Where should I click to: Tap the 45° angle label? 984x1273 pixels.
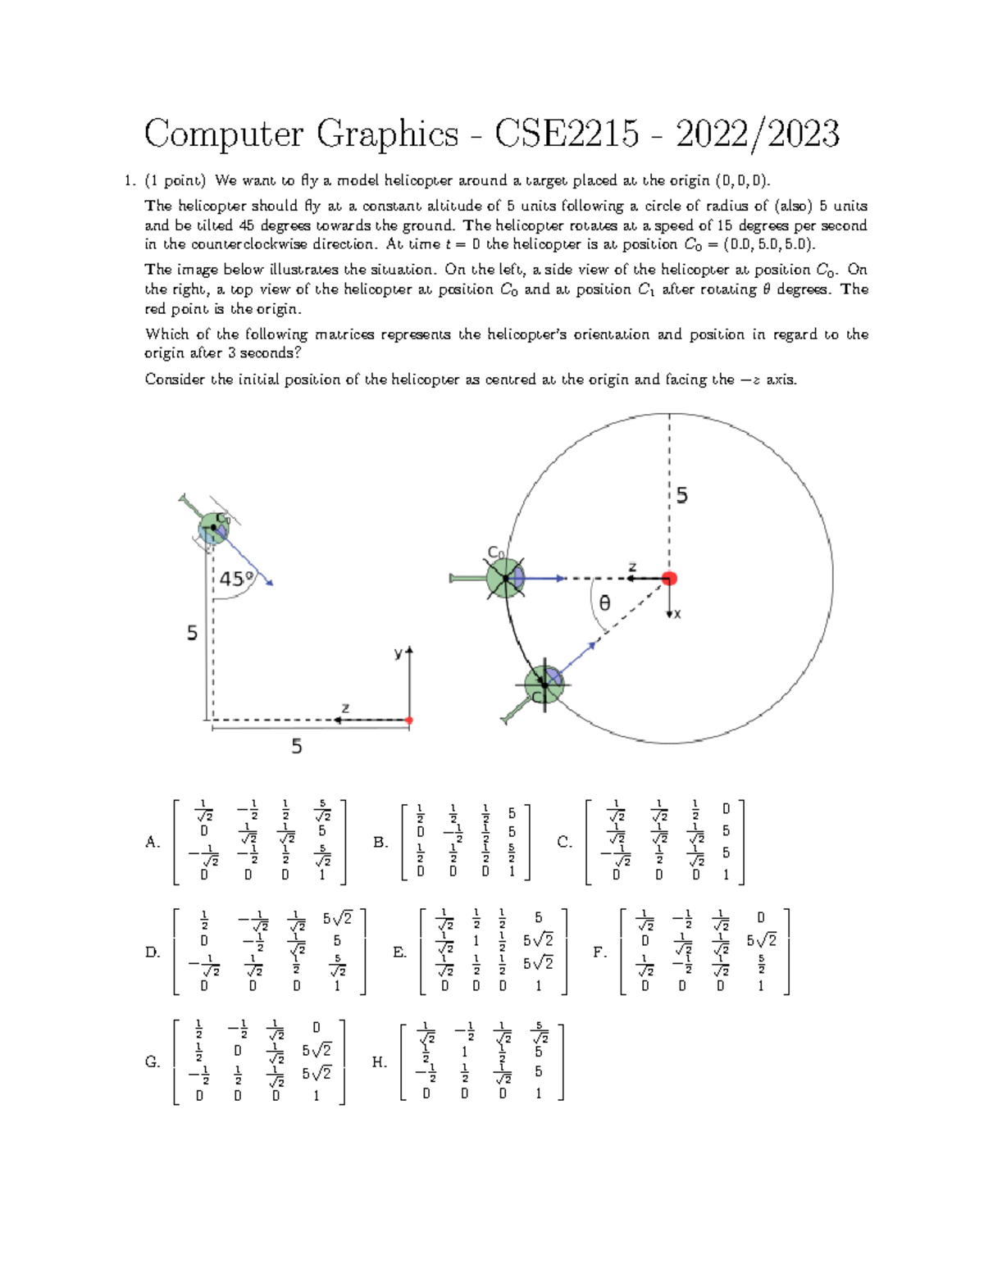[236, 579]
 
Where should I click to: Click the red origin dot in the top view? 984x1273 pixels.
[669, 579]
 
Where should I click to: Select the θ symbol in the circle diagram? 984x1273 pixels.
[604, 603]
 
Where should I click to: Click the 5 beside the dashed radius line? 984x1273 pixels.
[681, 495]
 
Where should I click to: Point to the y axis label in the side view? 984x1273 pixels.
[399, 653]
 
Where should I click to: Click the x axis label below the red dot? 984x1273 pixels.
[677, 614]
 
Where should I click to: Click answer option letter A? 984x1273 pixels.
[152, 842]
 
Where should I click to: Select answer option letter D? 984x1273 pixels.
[152, 952]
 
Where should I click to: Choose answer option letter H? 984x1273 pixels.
[378, 1062]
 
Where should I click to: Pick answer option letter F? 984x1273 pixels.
[599, 952]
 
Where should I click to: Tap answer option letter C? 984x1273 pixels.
[564, 842]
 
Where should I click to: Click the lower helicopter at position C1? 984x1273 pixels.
[544, 684]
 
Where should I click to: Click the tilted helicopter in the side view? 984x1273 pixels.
[213, 529]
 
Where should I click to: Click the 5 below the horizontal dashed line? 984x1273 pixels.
[297, 746]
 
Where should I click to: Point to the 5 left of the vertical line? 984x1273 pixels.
[192, 633]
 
